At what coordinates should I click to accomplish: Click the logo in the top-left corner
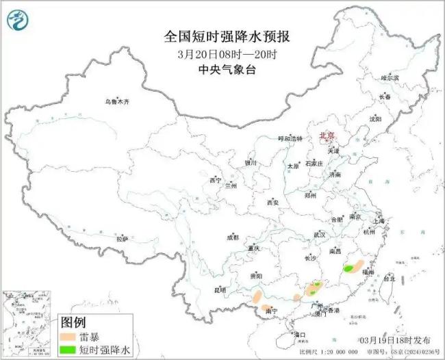18,21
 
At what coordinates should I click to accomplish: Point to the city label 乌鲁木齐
116,102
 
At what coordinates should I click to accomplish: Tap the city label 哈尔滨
390,78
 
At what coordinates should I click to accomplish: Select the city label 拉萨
122,239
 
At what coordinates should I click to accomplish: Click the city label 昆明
219,290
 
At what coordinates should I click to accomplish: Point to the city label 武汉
320,234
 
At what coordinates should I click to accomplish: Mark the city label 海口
299,335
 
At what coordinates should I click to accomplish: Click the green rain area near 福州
353,268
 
